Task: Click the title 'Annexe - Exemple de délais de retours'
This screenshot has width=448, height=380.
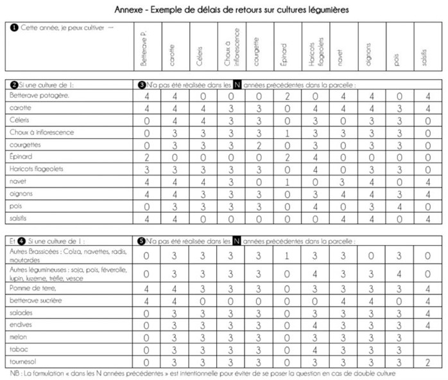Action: pos(223,10)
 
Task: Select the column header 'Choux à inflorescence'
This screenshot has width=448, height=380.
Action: pos(232,48)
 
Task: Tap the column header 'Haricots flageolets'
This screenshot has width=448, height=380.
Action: pos(316,49)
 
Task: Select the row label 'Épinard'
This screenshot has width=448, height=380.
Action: pos(22,156)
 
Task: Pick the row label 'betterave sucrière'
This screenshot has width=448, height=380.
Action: pos(36,300)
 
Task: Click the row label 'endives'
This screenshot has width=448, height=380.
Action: pos(22,324)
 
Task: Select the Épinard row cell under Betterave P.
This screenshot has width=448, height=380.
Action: pos(147,157)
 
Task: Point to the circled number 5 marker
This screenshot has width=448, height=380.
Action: pos(141,241)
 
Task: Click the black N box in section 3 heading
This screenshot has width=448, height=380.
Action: pos(237,84)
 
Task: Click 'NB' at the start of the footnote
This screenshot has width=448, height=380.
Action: pos(13,373)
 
